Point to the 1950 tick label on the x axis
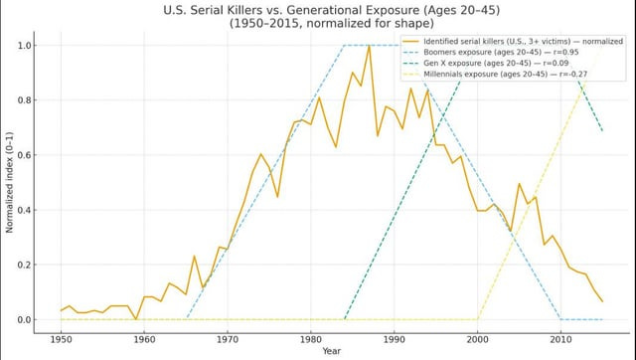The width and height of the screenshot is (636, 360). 61,337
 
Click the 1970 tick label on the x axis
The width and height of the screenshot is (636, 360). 228,337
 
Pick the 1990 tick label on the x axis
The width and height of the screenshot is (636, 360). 395,337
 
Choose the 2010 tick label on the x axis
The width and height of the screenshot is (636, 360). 561,337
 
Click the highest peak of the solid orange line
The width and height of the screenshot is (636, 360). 369,46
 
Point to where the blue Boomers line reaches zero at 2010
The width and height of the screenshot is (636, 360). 561,319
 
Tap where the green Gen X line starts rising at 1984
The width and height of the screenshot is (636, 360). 344,319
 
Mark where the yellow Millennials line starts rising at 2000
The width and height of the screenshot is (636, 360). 478,319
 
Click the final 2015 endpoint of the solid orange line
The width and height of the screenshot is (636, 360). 602,301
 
